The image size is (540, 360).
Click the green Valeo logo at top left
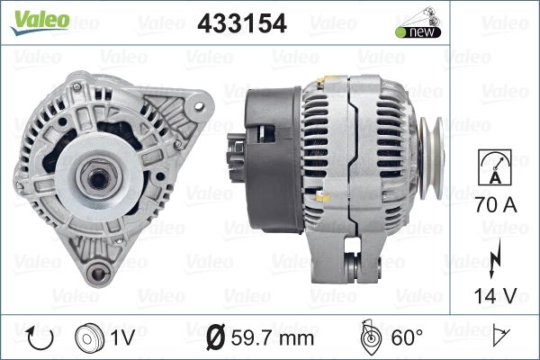point(40,22)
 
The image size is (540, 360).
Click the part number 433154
point(242,23)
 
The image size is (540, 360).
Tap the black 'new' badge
point(418,32)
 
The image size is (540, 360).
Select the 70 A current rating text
point(496,204)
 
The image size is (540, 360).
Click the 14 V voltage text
point(496,295)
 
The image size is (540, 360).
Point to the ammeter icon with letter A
point(495,167)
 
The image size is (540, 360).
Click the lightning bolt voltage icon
point(495,259)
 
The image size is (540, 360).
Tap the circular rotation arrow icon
point(40,338)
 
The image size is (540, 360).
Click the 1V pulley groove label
point(122,337)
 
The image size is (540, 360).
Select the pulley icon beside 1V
point(89,338)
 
